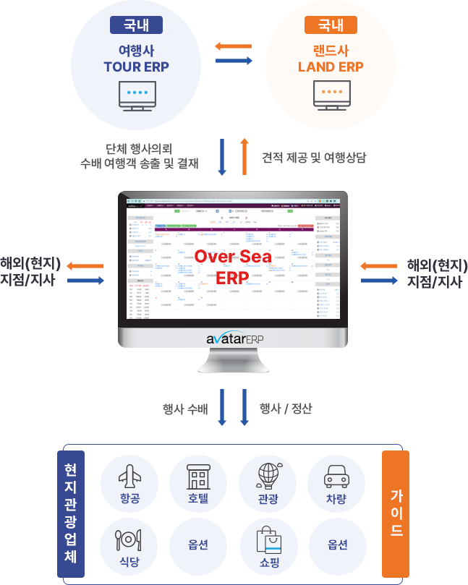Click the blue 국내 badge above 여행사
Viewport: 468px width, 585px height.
[x=136, y=25]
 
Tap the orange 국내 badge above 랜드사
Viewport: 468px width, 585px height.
[x=331, y=25]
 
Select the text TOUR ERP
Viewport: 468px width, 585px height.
[x=136, y=67]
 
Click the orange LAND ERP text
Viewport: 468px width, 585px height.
[x=331, y=67]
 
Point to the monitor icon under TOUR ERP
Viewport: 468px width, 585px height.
[x=136, y=96]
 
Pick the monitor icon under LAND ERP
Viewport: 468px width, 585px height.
[x=331, y=96]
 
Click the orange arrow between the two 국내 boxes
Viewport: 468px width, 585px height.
[x=233, y=47]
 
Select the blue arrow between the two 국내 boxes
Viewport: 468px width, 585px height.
[x=234, y=61]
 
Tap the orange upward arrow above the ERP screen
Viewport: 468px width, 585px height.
[x=244, y=155]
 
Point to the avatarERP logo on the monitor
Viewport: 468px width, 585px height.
[x=233, y=339]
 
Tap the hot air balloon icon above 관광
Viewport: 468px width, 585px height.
[x=267, y=476]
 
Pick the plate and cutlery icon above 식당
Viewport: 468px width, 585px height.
[x=128, y=538]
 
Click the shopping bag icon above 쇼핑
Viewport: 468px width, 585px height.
[x=267, y=538]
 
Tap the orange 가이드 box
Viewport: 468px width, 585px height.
[x=396, y=513]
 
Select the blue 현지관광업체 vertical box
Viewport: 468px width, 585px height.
[x=70, y=514]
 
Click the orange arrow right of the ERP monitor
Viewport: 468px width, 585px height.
[x=378, y=266]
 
